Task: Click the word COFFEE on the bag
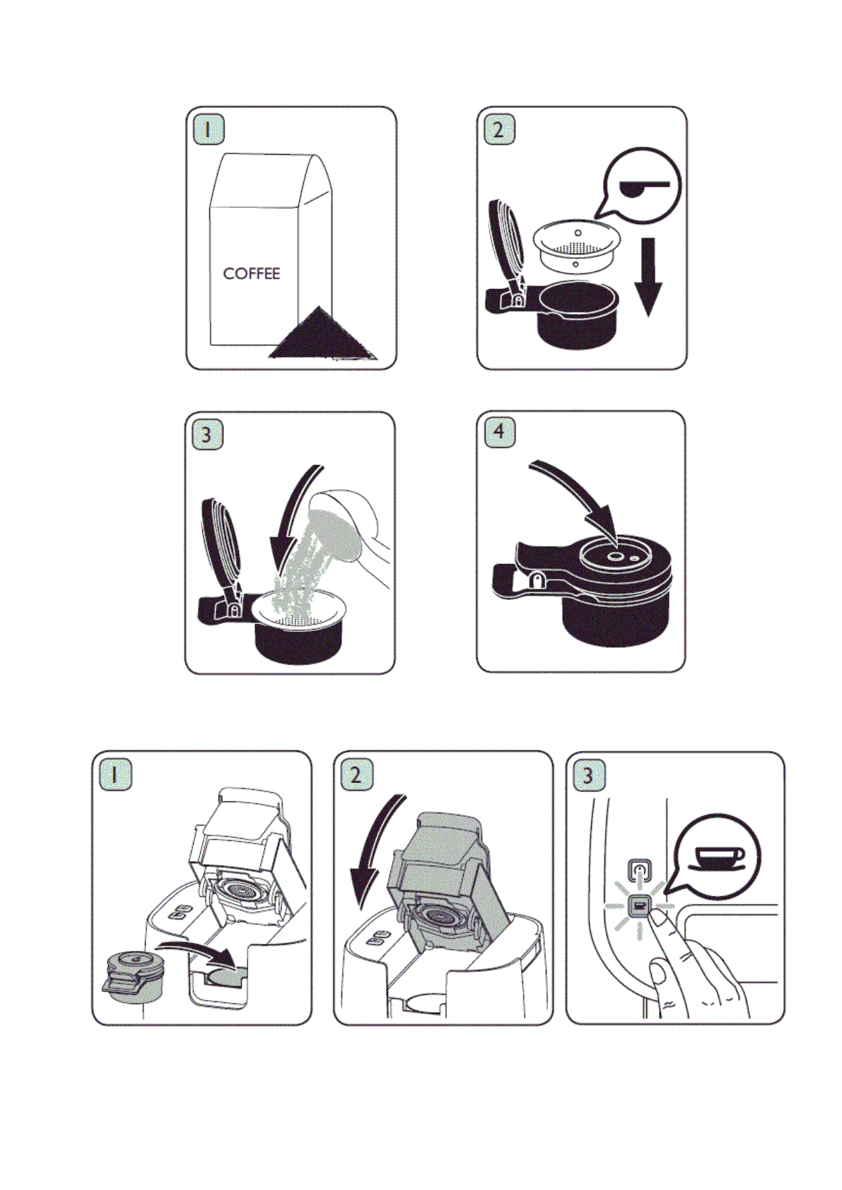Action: click(252, 273)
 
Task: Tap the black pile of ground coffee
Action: click(322, 335)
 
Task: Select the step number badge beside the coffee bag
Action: click(208, 129)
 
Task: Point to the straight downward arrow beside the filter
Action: click(648, 277)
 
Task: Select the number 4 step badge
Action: click(499, 431)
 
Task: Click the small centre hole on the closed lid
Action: click(616, 555)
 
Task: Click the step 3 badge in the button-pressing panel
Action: click(588, 775)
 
